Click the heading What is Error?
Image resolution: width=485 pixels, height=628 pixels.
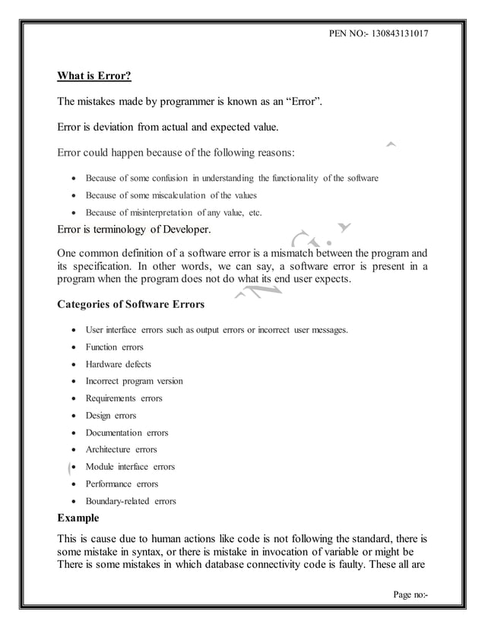click(x=95, y=75)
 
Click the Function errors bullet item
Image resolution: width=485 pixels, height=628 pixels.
click(x=114, y=347)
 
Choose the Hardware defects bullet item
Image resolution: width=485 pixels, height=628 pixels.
click(x=118, y=363)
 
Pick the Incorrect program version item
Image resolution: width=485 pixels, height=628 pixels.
click(x=134, y=381)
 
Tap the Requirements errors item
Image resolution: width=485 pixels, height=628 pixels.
click(x=124, y=398)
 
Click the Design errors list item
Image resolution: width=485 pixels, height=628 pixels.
click(x=111, y=415)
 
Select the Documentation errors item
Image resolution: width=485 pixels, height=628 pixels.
click(x=127, y=433)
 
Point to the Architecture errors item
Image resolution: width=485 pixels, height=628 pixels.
click(x=122, y=449)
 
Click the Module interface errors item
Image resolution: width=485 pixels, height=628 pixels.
click(x=130, y=467)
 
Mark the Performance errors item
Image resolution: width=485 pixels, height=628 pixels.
click(x=122, y=484)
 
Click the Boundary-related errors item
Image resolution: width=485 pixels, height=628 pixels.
click(x=131, y=501)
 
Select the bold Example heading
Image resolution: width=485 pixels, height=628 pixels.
click(x=78, y=518)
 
